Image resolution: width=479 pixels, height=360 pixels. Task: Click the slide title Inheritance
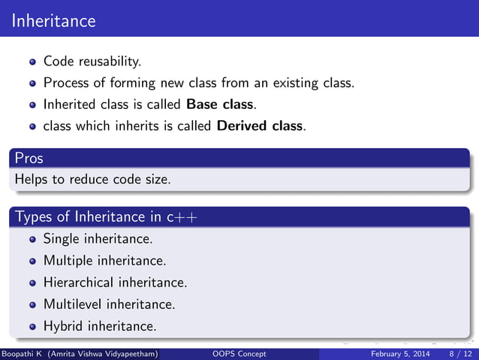click(54, 20)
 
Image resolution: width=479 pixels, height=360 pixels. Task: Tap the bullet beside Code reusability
click(33, 61)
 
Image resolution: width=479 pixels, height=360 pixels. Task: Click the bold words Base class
click(218, 104)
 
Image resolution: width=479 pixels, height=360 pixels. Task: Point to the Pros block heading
click(29, 159)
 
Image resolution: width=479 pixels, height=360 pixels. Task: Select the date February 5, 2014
click(401, 353)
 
